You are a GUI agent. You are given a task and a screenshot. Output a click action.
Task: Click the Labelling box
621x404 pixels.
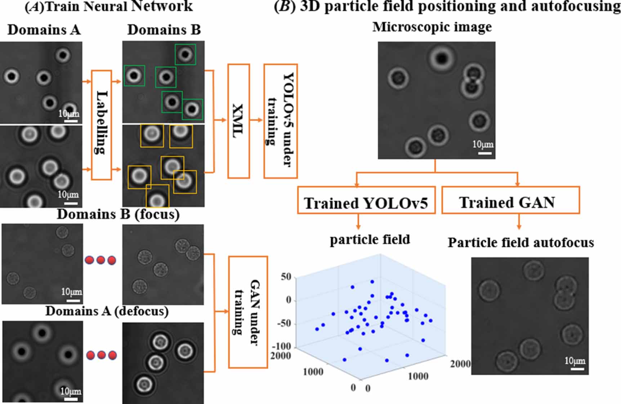click(x=101, y=125)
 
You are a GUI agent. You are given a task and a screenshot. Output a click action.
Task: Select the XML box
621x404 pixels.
click(x=238, y=121)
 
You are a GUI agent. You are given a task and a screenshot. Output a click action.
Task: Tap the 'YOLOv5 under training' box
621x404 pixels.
click(x=280, y=121)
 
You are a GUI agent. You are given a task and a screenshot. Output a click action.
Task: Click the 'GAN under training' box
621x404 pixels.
click(x=248, y=312)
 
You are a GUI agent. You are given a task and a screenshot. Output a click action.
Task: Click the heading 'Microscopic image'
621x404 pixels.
click(x=432, y=27)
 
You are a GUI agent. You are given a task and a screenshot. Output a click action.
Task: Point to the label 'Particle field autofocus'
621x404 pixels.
click(x=521, y=243)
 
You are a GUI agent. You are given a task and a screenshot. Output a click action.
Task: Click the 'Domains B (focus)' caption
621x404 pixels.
click(x=118, y=214)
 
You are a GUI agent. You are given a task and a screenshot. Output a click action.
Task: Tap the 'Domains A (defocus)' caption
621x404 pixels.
click(x=107, y=311)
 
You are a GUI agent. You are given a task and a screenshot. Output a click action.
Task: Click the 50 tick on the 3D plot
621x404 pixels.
click(x=286, y=277)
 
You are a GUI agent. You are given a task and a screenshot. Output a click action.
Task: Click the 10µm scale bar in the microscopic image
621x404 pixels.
click(x=484, y=153)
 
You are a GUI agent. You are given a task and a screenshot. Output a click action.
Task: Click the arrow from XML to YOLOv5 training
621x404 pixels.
click(x=256, y=120)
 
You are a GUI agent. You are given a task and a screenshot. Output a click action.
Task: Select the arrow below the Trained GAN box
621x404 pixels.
click(x=519, y=221)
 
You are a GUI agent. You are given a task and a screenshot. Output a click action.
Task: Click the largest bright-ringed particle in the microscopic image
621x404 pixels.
click(x=442, y=58)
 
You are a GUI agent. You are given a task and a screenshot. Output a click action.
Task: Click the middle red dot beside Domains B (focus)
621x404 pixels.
click(x=100, y=260)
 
